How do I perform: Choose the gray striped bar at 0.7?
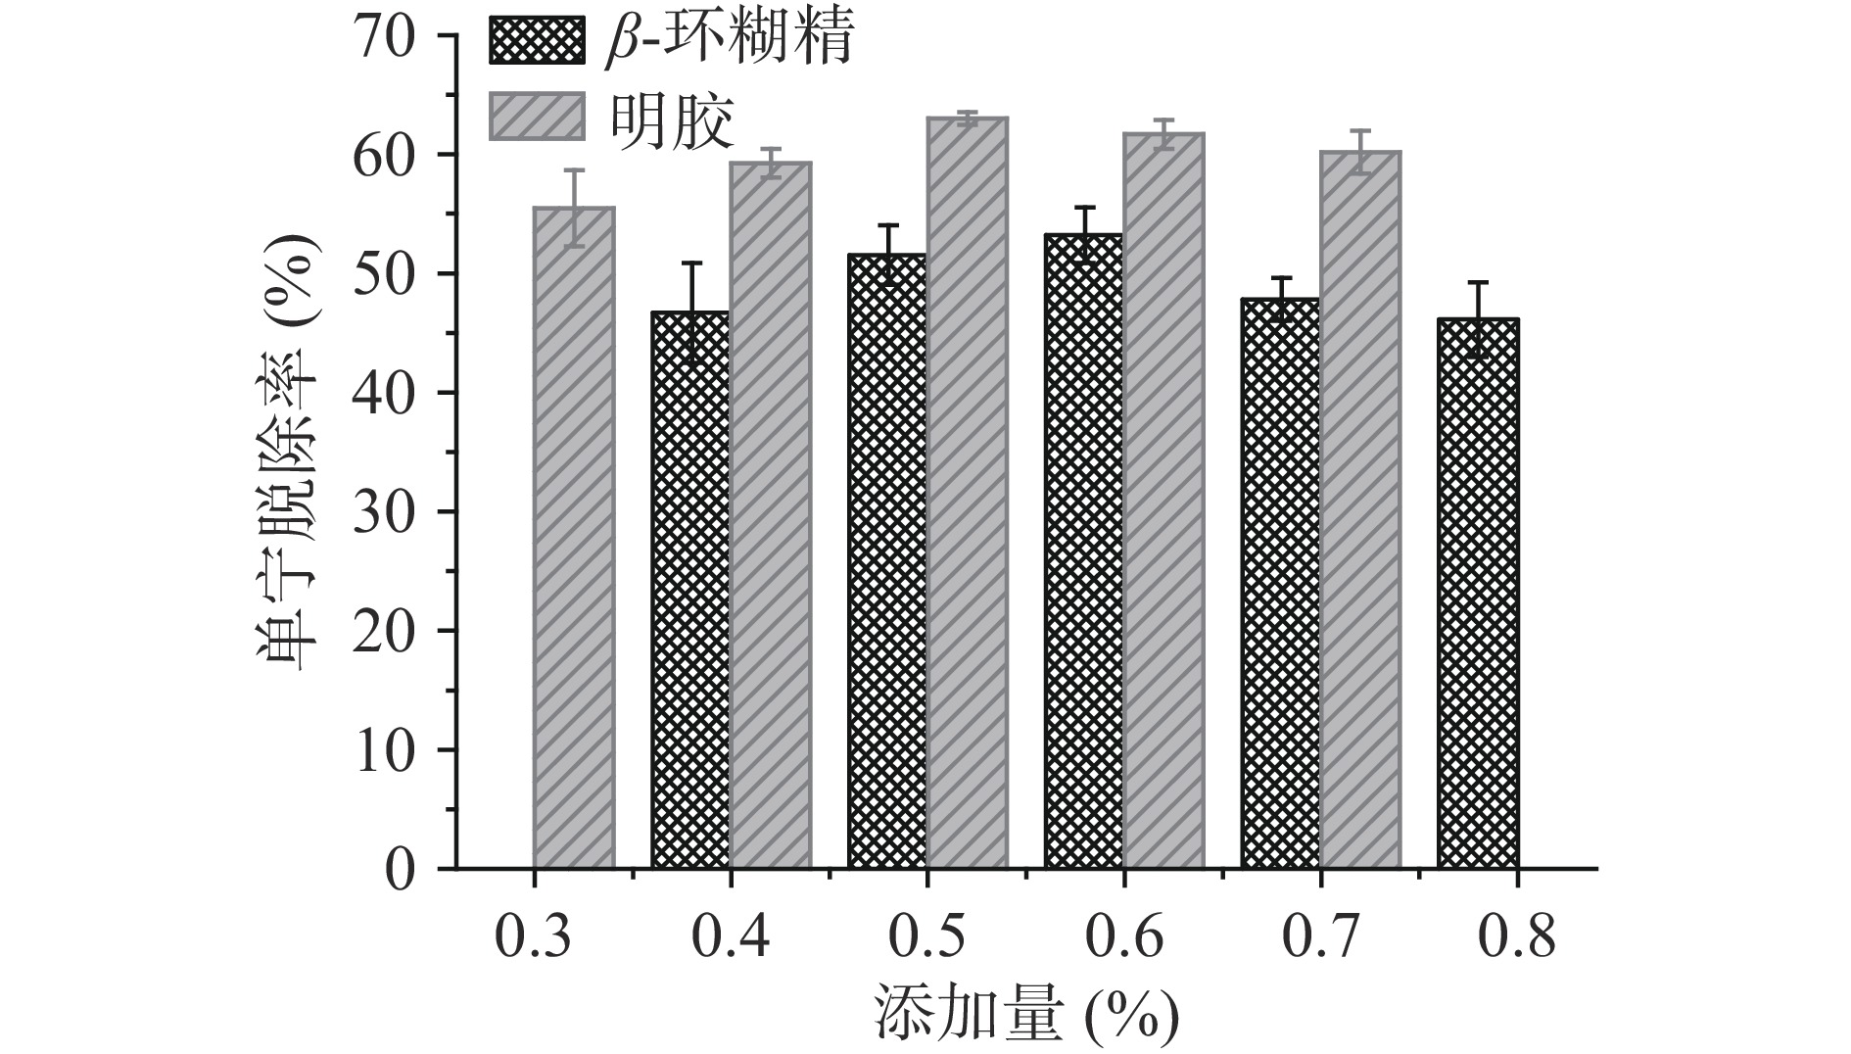click(x=1360, y=509)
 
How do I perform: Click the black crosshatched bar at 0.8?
click(x=1478, y=593)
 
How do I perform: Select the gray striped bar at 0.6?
click(x=1163, y=500)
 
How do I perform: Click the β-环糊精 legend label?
click(x=729, y=39)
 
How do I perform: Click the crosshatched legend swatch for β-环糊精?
click(x=537, y=39)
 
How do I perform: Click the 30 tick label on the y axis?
click(x=390, y=511)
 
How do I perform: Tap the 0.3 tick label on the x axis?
click(x=535, y=936)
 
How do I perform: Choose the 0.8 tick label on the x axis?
click(x=1517, y=936)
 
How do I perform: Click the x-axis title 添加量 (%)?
click(x=1026, y=1015)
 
